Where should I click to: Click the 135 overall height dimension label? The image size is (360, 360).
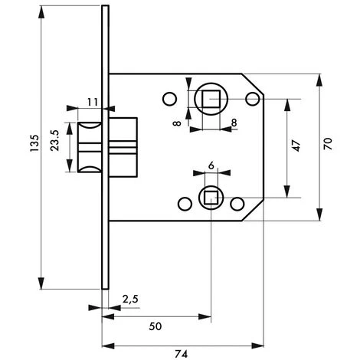(x=34, y=143)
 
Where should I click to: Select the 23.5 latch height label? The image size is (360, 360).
(x=55, y=141)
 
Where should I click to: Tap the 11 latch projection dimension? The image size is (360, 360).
(x=93, y=103)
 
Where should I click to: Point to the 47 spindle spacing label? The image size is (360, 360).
(x=296, y=146)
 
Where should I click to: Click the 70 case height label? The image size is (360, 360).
(x=328, y=144)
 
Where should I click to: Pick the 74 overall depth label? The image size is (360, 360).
(x=182, y=354)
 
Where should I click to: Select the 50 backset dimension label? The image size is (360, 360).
(x=155, y=326)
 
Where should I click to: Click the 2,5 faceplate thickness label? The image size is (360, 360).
(x=130, y=299)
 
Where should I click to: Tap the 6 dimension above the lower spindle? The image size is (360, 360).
(x=211, y=165)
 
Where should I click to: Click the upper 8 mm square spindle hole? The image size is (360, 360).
(x=211, y=99)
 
